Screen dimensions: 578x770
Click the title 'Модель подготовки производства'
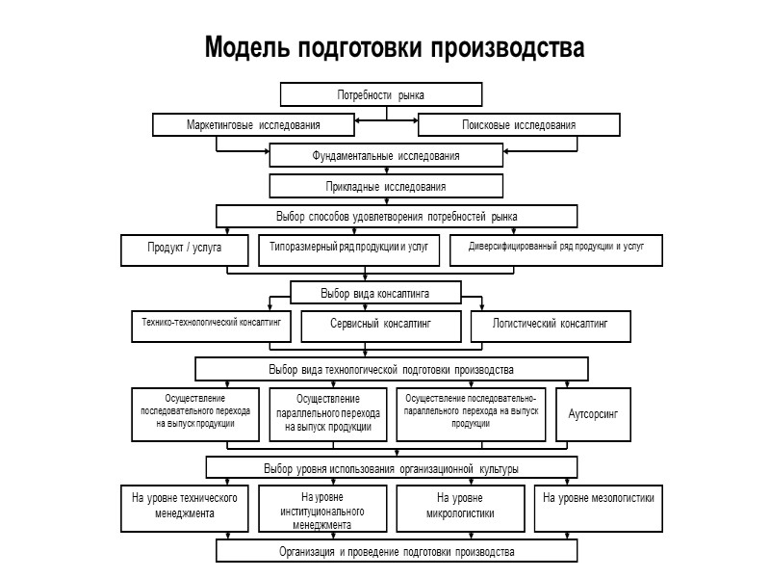coord(394,48)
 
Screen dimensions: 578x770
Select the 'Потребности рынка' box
coord(380,95)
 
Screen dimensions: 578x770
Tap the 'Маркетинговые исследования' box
coord(253,125)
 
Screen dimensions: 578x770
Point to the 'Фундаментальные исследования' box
coord(385,155)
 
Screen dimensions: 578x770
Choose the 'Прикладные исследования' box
coord(385,186)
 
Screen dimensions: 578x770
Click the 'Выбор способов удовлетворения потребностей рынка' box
coord(397,216)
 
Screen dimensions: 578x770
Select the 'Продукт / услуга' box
coord(185,249)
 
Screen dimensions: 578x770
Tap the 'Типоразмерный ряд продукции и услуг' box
coord(349,249)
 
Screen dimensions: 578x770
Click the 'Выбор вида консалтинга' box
coord(375,292)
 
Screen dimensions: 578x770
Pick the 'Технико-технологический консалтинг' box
coord(210,326)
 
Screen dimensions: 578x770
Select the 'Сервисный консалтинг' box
coord(382,327)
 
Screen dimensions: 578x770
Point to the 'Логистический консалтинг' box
coord(551,327)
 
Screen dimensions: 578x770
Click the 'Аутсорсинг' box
coord(594,414)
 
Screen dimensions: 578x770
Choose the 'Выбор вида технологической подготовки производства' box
coord(392,369)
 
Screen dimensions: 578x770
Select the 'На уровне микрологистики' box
coord(459,507)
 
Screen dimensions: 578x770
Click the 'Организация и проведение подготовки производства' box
coord(397,552)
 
